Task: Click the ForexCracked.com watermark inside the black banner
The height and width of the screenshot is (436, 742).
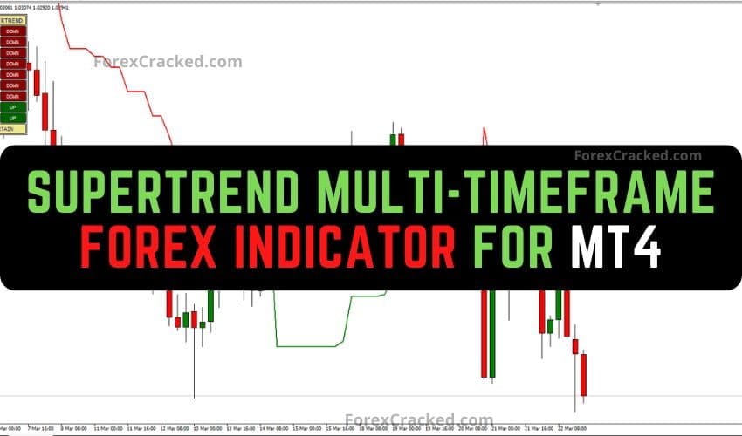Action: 637,156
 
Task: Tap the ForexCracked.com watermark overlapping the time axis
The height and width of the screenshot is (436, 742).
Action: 419,420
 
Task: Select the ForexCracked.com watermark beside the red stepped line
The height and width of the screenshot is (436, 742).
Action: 168,62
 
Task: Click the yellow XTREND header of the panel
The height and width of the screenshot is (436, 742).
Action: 14,19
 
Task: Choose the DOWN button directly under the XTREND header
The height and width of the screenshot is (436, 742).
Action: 13,31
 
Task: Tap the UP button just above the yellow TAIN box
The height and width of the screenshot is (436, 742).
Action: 13,118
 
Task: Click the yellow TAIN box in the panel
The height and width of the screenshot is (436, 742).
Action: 13,129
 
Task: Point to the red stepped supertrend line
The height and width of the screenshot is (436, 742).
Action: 131,87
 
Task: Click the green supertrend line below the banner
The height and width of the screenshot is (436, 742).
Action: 306,346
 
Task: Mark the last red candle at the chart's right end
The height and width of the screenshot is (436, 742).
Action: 583,375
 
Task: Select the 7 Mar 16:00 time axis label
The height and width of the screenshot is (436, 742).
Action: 39,430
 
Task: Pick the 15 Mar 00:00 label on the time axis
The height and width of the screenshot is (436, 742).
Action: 307,430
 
